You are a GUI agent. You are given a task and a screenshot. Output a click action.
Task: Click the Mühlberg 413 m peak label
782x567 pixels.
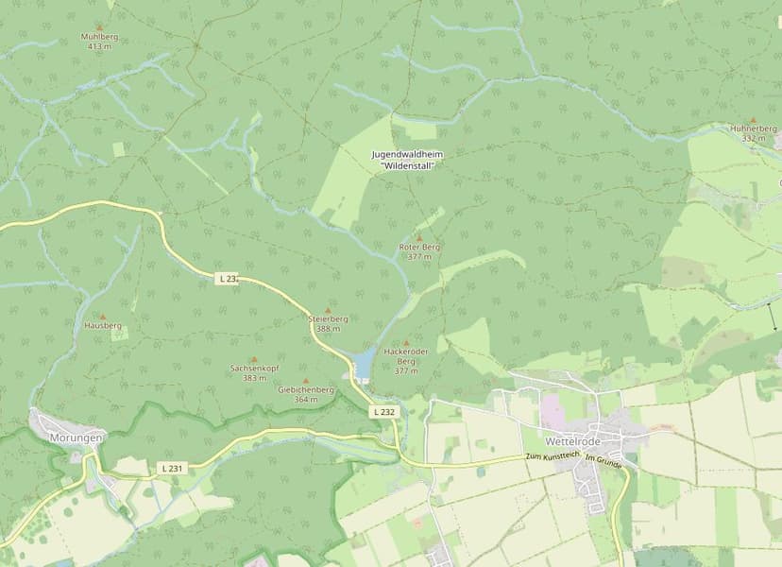coord(99,42)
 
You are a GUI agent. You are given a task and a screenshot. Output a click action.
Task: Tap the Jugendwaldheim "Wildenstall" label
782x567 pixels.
coord(407,159)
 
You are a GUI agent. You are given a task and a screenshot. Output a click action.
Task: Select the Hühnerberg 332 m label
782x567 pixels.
coord(754,133)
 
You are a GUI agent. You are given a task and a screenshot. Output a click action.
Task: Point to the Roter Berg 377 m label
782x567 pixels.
coord(419,251)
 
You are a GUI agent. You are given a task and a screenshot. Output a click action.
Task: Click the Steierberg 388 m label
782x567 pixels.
coord(329,324)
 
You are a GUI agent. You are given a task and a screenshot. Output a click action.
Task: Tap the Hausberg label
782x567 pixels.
coord(103,325)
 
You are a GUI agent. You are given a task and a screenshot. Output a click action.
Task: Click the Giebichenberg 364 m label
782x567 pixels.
coord(305,394)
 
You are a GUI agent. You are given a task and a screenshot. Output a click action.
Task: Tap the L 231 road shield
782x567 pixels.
coord(172,468)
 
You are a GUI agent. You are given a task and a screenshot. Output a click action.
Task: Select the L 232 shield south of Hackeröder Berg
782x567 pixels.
coord(383,412)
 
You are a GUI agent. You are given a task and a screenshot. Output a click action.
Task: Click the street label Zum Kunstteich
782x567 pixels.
coord(552,456)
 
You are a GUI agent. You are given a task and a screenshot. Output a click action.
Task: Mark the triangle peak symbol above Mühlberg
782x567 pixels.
coord(99,27)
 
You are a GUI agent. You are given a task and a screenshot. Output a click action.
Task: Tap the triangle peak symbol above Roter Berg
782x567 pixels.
coord(419,238)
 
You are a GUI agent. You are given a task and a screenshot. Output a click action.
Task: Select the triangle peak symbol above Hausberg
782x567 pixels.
coord(103,316)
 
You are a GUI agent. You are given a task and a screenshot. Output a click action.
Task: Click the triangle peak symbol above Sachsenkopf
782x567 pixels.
coord(253,359)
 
